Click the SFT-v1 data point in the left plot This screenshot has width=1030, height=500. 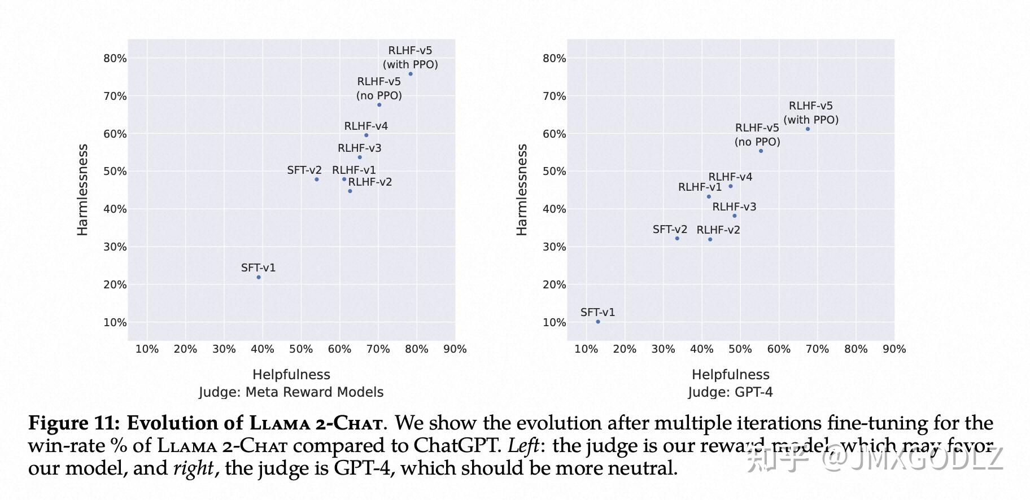click(x=259, y=277)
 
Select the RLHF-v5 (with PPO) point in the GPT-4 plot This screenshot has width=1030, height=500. click(x=808, y=129)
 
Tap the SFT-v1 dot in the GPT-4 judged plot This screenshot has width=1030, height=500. click(x=598, y=322)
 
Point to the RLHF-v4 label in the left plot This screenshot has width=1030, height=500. click(x=366, y=126)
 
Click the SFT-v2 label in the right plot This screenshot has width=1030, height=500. click(x=670, y=230)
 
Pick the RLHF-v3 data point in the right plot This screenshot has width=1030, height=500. click(x=734, y=216)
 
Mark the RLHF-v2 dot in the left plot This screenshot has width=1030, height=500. click(x=350, y=191)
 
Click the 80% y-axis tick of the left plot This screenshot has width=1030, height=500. click(x=115, y=59)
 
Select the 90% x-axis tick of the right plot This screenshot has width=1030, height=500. click(x=894, y=349)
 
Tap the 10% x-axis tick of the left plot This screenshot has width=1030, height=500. click(x=147, y=349)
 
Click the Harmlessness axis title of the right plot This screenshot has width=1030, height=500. click(x=522, y=190)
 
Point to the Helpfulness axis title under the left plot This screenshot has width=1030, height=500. click(x=291, y=375)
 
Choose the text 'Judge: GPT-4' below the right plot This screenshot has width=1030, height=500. click(x=730, y=392)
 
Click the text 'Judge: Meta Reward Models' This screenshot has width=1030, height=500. click(x=291, y=392)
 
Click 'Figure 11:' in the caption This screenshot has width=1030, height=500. click(x=74, y=423)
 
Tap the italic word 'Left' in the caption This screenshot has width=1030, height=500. click(x=523, y=446)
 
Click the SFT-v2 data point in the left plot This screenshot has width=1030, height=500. click(x=317, y=179)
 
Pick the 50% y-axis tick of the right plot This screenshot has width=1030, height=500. click(x=554, y=172)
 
